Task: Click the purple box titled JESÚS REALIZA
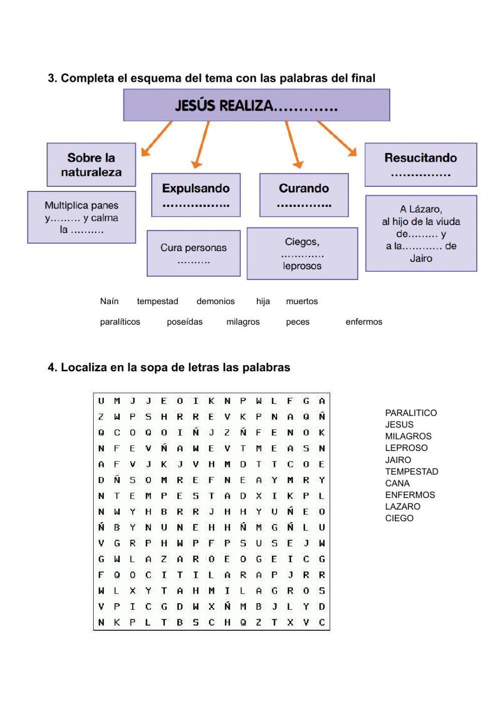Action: (256, 105)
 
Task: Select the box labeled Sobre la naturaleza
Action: (91, 165)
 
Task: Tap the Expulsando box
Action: (196, 195)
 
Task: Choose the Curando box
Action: (304, 195)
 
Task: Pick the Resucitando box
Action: (420, 164)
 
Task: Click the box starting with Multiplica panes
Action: (82, 217)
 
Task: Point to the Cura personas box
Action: (193, 253)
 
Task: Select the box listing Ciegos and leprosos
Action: (302, 254)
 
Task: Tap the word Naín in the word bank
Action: (109, 301)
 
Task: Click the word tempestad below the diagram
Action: (157, 301)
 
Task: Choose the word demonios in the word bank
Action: (215, 301)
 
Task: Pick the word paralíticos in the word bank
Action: (120, 322)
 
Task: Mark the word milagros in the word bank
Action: (243, 322)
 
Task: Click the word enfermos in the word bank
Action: (364, 322)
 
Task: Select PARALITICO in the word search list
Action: (411, 413)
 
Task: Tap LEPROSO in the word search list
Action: (406, 448)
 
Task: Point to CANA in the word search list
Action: (397, 483)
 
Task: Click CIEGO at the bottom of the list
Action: (399, 518)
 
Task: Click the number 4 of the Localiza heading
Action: (51, 368)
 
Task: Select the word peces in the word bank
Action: (298, 322)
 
